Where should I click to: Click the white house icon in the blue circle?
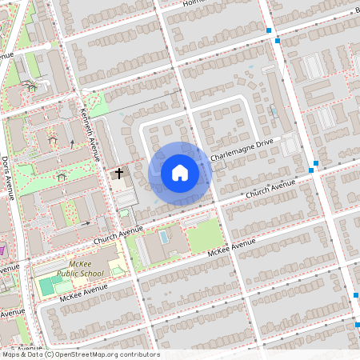pos(179,172)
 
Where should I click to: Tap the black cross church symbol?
pos(119,173)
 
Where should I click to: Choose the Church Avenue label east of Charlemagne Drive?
pos(270,189)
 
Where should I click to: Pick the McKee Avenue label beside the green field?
pos(231,248)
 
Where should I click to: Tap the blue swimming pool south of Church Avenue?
pos(165,238)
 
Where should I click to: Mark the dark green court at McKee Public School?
pos(46,286)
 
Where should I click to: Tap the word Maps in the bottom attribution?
pos(10,354)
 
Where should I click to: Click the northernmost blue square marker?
pos(269,31)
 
